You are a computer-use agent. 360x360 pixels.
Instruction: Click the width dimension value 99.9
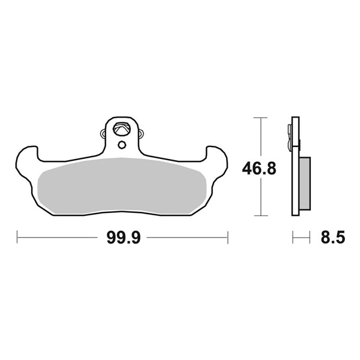123,238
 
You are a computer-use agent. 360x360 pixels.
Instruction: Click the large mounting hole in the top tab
122,128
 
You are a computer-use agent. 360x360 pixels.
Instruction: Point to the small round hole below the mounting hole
122,144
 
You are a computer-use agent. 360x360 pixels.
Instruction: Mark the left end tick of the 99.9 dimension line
17,238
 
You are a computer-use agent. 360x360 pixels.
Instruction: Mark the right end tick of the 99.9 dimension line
228,238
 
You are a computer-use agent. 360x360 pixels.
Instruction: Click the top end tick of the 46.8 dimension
259,118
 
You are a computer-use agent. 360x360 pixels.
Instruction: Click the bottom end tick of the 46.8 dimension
259,215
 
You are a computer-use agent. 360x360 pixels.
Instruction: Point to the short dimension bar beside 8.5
300,238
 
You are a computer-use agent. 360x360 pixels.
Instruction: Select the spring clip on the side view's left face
290,135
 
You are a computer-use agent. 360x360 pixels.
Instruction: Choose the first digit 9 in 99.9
112,238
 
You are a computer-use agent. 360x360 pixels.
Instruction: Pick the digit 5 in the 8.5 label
340,238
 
